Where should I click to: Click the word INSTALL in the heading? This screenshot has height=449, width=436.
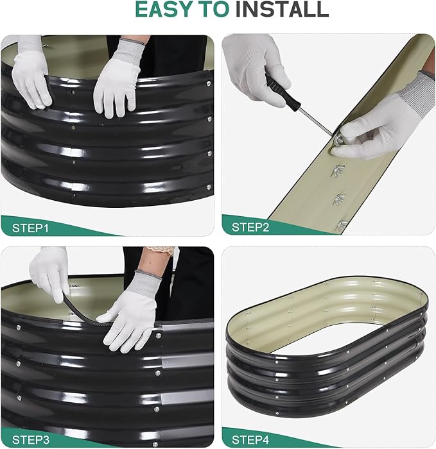[282, 9]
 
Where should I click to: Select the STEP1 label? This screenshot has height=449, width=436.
[30, 228]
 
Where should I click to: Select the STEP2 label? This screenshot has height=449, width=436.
[250, 227]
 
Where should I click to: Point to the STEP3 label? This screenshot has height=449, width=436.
[31, 439]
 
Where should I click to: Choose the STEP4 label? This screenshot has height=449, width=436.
[250, 439]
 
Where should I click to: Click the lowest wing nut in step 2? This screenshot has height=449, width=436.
[341, 225]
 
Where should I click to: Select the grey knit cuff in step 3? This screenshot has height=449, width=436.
[147, 282]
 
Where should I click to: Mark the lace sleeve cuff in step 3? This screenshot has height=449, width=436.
[162, 250]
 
